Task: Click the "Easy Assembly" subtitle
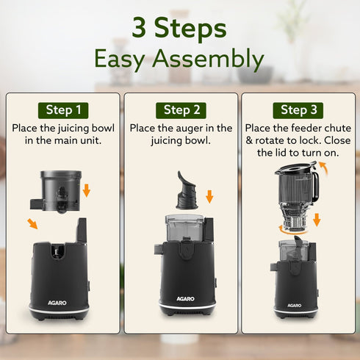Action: click(x=180, y=58)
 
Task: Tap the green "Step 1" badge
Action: click(x=64, y=110)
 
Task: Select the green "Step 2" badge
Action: click(x=181, y=110)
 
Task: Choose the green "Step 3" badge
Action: click(x=299, y=110)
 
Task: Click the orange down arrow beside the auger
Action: click(x=209, y=196)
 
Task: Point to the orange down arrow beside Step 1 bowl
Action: click(x=86, y=191)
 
